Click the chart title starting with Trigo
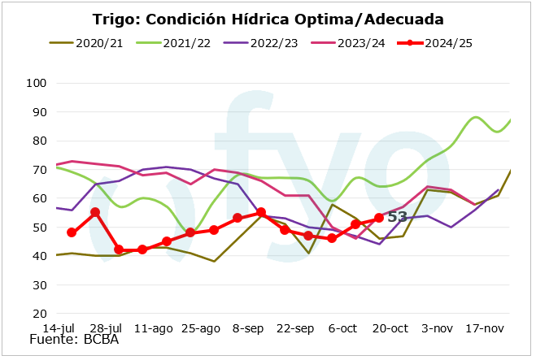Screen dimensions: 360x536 pyautogui.click(x=268, y=19)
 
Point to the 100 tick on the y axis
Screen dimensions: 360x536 pyautogui.click(x=37, y=83)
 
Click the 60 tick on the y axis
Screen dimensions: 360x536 pyautogui.click(x=39, y=198)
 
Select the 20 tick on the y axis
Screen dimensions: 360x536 pyautogui.click(x=39, y=314)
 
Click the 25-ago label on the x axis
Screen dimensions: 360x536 pyautogui.click(x=201, y=328)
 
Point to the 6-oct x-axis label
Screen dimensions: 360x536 pyautogui.click(x=343, y=328)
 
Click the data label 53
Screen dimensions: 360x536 pyautogui.click(x=397, y=217)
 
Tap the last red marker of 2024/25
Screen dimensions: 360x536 pyautogui.click(x=379, y=218)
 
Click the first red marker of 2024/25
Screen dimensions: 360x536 pyautogui.click(x=72, y=232)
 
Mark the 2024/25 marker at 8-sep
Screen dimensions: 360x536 pyautogui.click(x=260, y=212)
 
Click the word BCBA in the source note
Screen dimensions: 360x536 pyautogui.click(x=100, y=340)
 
